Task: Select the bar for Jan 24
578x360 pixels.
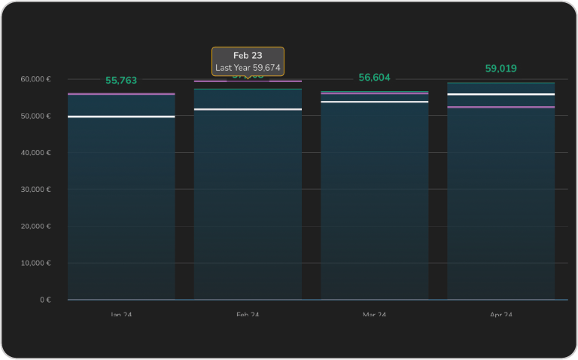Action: [x=121, y=203]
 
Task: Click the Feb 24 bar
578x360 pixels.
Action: [x=248, y=203]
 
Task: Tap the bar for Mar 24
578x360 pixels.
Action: [x=374, y=203]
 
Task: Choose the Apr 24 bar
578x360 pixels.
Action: [x=500, y=203]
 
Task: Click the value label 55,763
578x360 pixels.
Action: [x=121, y=81]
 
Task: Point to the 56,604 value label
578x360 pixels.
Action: [x=374, y=78]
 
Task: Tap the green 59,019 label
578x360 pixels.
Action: [x=500, y=69]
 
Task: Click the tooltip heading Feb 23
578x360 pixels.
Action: [x=248, y=56]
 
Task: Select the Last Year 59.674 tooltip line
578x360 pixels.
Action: [x=248, y=68]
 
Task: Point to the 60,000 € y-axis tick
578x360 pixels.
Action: [x=35, y=79]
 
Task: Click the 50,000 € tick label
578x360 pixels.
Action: [x=35, y=116]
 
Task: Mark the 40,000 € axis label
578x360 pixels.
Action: [x=35, y=153]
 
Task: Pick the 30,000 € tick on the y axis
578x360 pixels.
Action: [x=35, y=190]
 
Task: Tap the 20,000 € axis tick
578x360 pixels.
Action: [x=35, y=227]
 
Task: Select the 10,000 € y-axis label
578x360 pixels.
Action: [x=35, y=264]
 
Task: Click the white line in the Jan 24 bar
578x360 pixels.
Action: [x=121, y=117]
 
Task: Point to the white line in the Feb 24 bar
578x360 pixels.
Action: [x=248, y=109]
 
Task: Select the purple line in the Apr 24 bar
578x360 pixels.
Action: [x=500, y=107]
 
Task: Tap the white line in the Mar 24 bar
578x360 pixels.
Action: [x=374, y=102]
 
